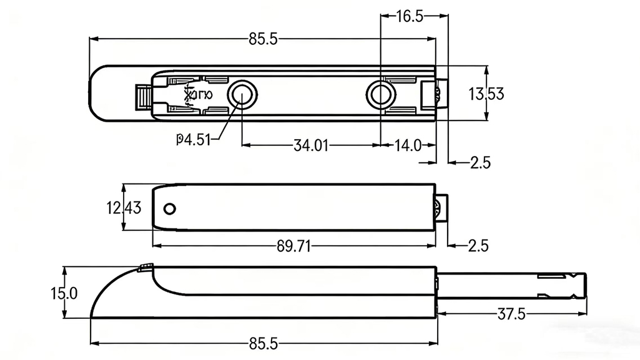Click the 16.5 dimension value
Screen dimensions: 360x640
(410, 17)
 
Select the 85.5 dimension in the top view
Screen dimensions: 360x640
(263, 39)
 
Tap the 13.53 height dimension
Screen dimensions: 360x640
(486, 94)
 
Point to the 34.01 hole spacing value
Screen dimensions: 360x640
(311, 146)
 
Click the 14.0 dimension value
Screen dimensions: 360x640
(408, 146)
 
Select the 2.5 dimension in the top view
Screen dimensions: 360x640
(480, 163)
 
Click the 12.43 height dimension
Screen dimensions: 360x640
(124, 208)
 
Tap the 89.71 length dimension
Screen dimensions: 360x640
(293, 246)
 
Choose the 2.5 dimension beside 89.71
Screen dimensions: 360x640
(478, 245)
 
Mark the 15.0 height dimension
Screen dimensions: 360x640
(64, 293)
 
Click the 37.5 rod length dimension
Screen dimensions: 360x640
(511, 314)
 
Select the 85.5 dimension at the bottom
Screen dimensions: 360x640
(263, 343)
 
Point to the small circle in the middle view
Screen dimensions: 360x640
(169, 208)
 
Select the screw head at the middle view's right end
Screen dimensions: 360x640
(442, 208)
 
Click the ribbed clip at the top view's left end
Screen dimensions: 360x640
(144, 96)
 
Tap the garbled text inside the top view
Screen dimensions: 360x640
(199, 95)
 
